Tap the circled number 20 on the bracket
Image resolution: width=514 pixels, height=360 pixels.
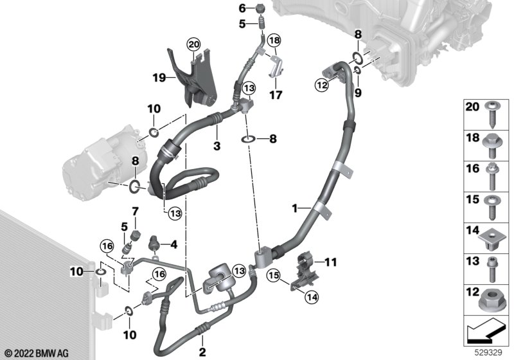pos(193,44)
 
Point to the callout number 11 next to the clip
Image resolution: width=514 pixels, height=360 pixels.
pos(330,262)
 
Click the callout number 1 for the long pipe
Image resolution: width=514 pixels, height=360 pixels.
pos(295,208)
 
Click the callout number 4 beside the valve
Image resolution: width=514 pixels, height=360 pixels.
pos(173,244)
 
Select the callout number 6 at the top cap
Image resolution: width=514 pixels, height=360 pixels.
pos(242,8)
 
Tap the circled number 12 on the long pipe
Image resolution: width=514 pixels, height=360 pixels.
pos(321,84)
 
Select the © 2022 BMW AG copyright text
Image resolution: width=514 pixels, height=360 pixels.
pos(35,353)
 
